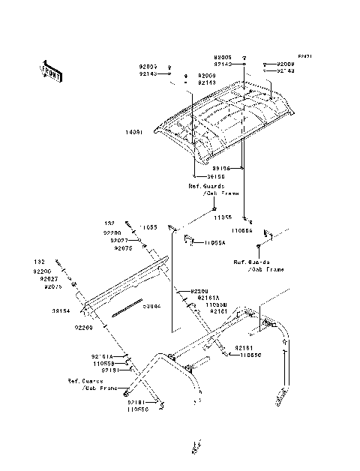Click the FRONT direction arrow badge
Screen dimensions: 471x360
click(x=50, y=71)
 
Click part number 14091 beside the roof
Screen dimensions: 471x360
click(x=134, y=132)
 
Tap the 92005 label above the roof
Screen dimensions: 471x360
click(x=222, y=57)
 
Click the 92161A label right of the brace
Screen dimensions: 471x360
click(x=208, y=298)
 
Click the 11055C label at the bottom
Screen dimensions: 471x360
click(x=139, y=410)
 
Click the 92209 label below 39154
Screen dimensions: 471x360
click(x=83, y=328)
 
